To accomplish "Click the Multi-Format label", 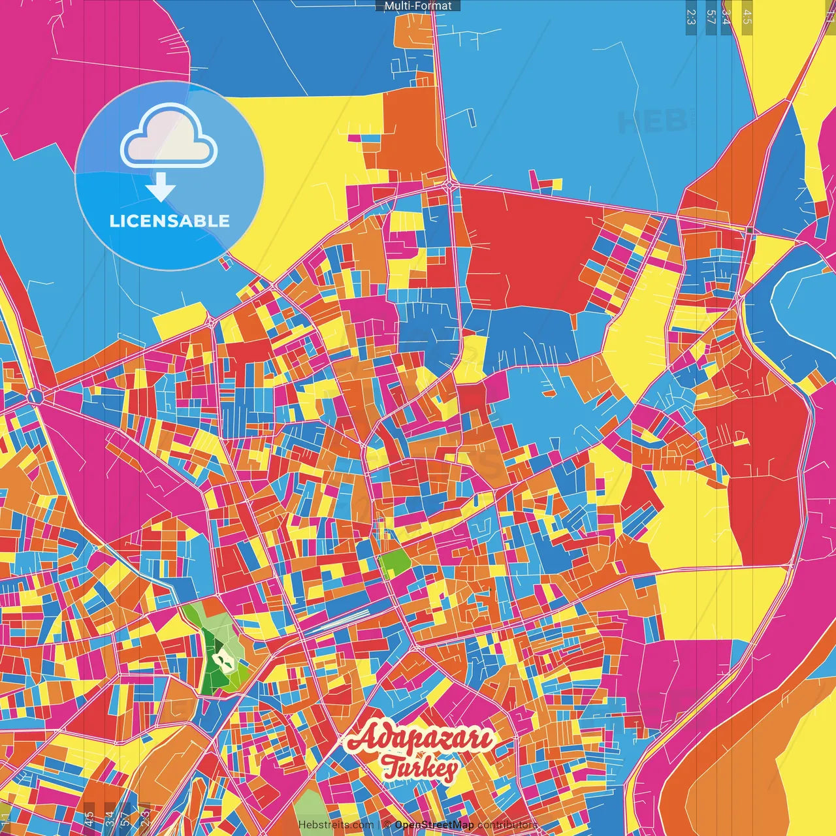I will click(x=418, y=6).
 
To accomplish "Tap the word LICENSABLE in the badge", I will click(x=170, y=221).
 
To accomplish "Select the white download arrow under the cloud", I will click(x=161, y=188).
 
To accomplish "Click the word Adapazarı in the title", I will click(x=419, y=739).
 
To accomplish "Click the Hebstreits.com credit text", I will click(x=336, y=825).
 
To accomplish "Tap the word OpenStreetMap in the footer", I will click(x=434, y=825).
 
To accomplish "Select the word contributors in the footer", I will click(x=507, y=825).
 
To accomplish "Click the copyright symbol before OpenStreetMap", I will click(x=387, y=825).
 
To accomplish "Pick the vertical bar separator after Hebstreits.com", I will click(x=379, y=825).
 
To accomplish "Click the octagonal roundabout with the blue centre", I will click(x=35, y=396).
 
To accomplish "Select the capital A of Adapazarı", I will click(x=361, y=738).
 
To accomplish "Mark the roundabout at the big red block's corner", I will click(x=450, y=186).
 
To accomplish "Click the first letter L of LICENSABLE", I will click(x=114, y=221).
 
